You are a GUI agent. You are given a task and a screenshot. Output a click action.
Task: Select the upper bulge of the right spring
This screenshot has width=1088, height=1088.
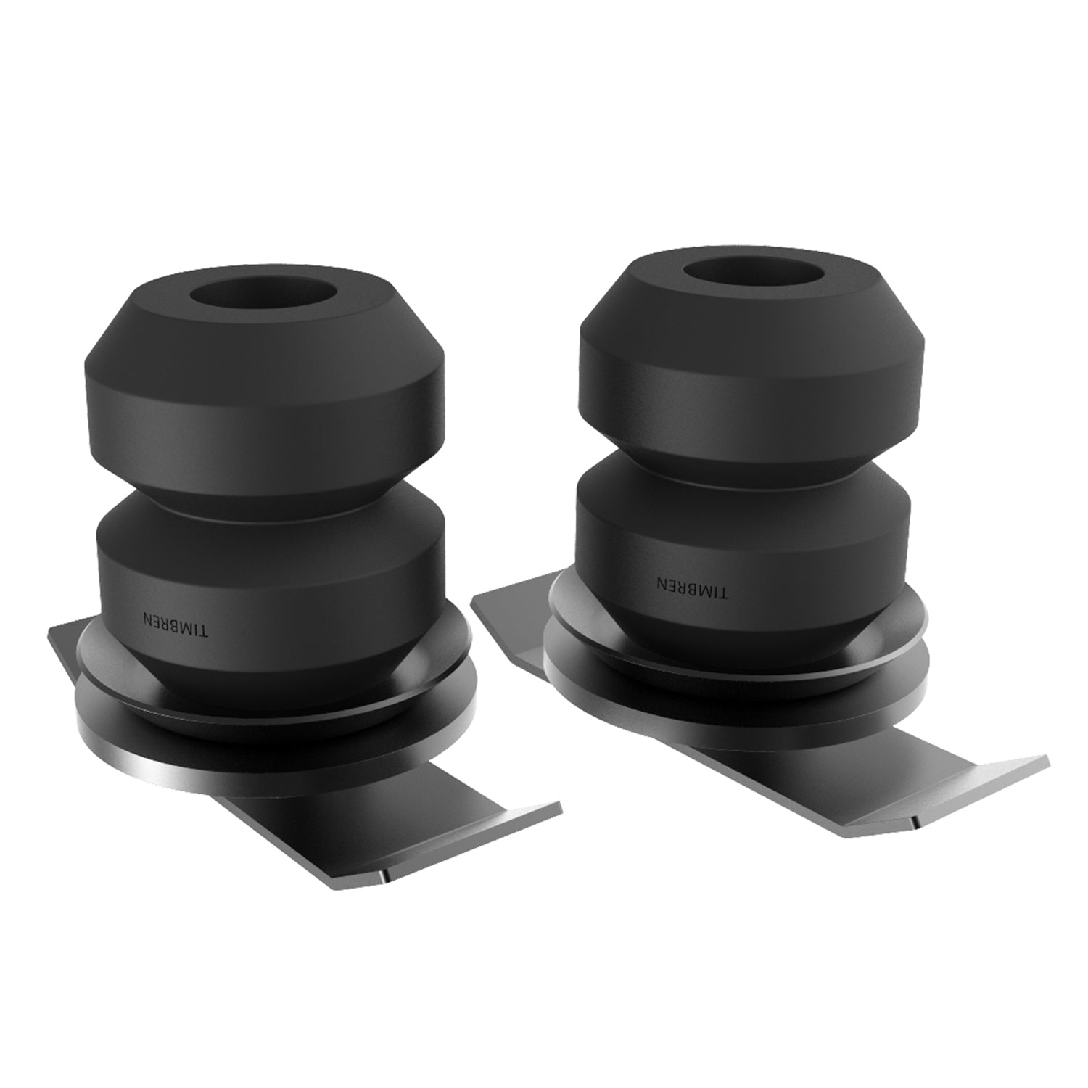754,363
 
